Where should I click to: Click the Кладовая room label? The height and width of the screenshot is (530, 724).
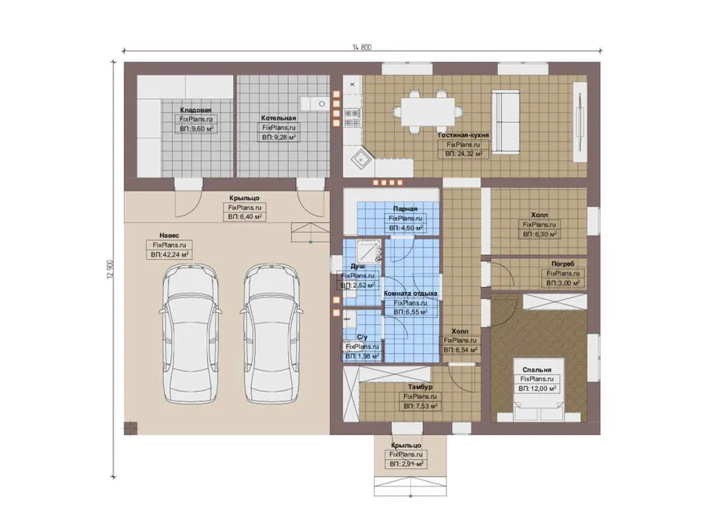click(195, 110)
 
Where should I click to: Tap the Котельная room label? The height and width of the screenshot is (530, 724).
click(278, 118)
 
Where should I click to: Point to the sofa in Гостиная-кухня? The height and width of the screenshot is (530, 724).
click(504, 122)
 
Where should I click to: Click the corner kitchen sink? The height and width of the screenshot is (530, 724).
click(360, 159)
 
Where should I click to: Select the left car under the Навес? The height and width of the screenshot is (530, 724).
click(190, 333)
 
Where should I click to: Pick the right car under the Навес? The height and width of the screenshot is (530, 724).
click(271, 333)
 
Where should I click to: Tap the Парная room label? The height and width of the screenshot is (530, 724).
click(405, 209)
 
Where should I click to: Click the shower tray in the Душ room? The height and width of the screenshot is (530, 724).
click(368, 252)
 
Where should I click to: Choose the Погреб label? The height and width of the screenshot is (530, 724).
click(563, 264)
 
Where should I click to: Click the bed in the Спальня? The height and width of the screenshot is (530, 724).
click(539, 389)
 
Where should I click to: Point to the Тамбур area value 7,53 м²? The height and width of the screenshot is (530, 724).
click(420, 407)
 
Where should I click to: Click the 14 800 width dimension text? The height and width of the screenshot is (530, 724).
click(361, 47)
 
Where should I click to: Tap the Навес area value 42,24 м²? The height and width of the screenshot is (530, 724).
click(170, 255)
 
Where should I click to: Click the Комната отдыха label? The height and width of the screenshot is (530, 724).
click(410, 294)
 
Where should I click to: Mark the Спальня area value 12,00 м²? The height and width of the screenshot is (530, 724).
click(537, 389)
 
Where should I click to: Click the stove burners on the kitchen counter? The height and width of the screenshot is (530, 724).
click(353, 117)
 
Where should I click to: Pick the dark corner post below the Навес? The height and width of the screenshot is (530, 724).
click(130, 428)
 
